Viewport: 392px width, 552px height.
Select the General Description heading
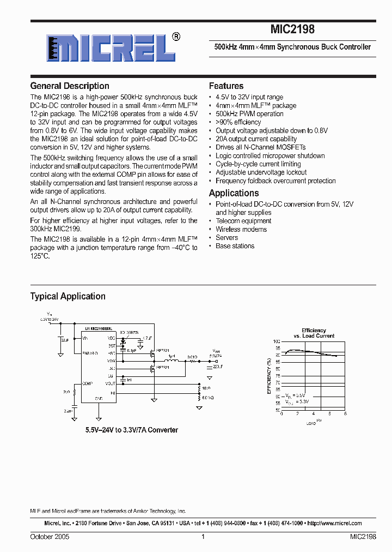tap(70, 86)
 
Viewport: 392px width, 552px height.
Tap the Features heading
tap(226, 86)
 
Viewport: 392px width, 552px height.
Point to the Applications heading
tap(234, 193)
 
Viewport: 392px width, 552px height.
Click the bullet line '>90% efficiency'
tap(238, 122)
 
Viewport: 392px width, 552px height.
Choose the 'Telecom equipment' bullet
tap(243, 221)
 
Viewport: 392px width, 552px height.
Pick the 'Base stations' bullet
tap(235, 246)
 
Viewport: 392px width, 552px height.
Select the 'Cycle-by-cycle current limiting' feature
tap(258, 164)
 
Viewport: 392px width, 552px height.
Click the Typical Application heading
tap(68, 296)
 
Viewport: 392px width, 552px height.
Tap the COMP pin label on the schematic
tap(87, 383)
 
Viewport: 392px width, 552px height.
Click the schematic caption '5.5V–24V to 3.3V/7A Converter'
tap(131, 430)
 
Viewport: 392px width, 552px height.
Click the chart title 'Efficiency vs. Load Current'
tap(314, 333)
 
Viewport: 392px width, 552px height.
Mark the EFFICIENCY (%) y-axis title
tap(269, 375)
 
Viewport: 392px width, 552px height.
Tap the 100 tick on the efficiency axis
tap(277, 340)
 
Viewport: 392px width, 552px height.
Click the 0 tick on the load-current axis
tap(282, 414)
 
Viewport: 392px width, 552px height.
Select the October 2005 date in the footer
tap(50, 537)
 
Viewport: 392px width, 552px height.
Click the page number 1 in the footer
tap(203, 537)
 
